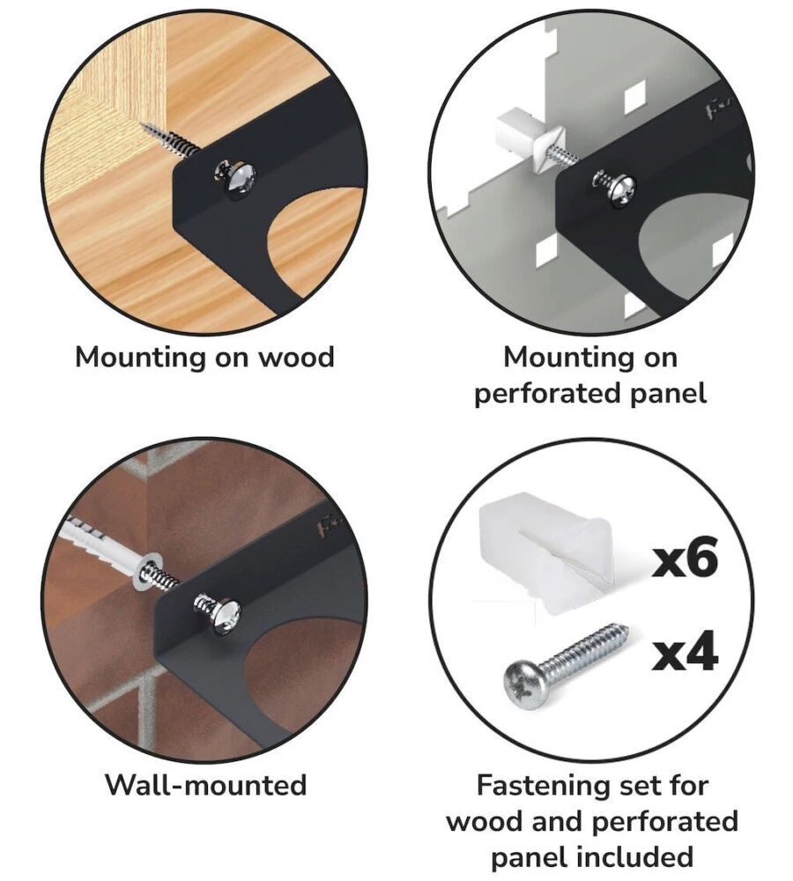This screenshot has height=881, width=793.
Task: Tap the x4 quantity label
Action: (684, 653)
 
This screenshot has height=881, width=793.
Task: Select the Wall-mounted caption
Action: (205, 784)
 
